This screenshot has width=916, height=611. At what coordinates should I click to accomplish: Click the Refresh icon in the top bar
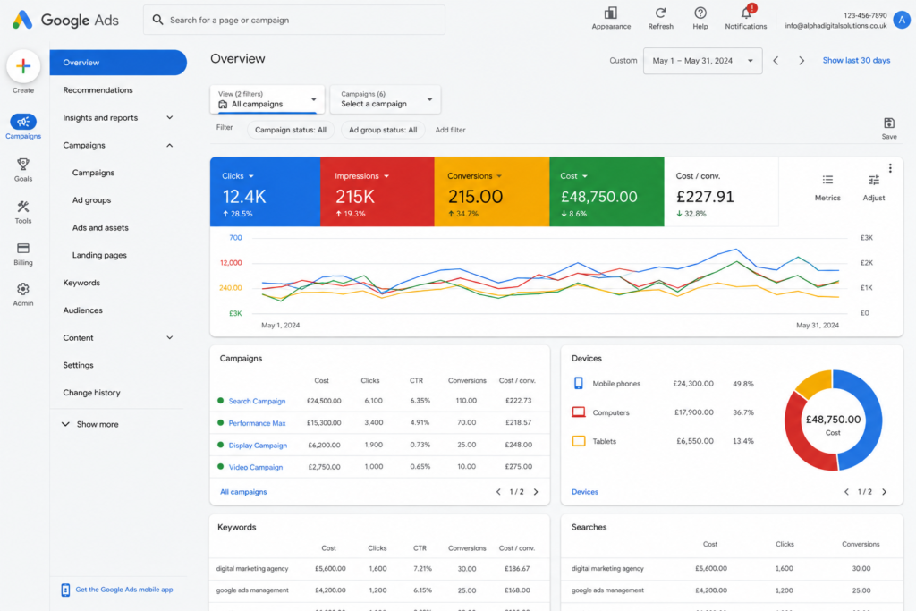tap(660, 13)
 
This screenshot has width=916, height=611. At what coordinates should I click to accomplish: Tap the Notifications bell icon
tap(746, 13)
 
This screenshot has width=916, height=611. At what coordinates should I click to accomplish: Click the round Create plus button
tap(23, 66)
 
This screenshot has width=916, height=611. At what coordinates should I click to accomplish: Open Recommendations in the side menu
tap(98, 90)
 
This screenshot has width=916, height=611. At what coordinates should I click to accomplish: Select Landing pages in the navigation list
tap(99, 255)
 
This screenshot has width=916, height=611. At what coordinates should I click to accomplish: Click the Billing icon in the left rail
tap(23, 249)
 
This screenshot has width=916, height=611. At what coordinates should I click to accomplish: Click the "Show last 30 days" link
tap(856, 60)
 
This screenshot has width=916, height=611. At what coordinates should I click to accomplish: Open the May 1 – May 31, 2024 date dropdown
tap(702, 61)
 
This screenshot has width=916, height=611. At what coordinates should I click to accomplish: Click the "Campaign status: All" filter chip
tap(291, 130)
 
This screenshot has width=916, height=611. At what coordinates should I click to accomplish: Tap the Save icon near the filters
tap(888, 123)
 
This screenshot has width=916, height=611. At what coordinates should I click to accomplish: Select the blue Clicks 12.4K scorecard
tap(265, 191)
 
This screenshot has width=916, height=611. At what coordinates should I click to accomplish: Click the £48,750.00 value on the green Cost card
tap(598, 197)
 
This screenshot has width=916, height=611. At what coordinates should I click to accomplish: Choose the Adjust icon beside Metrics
tap(873, 180)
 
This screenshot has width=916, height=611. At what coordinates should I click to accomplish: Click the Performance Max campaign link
tap(257, 423)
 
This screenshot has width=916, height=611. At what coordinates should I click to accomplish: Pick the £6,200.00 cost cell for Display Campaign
tap(324, 445)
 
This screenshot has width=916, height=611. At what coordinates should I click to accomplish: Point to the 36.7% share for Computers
tap(743, 412)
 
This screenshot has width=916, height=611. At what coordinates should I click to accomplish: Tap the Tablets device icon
tap(579, 441)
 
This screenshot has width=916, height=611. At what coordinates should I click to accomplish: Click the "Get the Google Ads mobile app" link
tap(123, 590)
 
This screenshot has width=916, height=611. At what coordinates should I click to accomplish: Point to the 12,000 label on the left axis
tap(231, 263)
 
